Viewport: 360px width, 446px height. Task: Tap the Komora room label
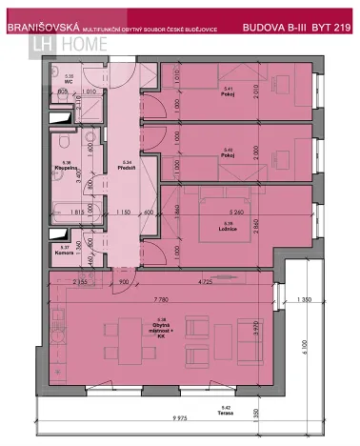65,250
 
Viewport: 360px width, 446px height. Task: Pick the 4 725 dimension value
202,282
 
